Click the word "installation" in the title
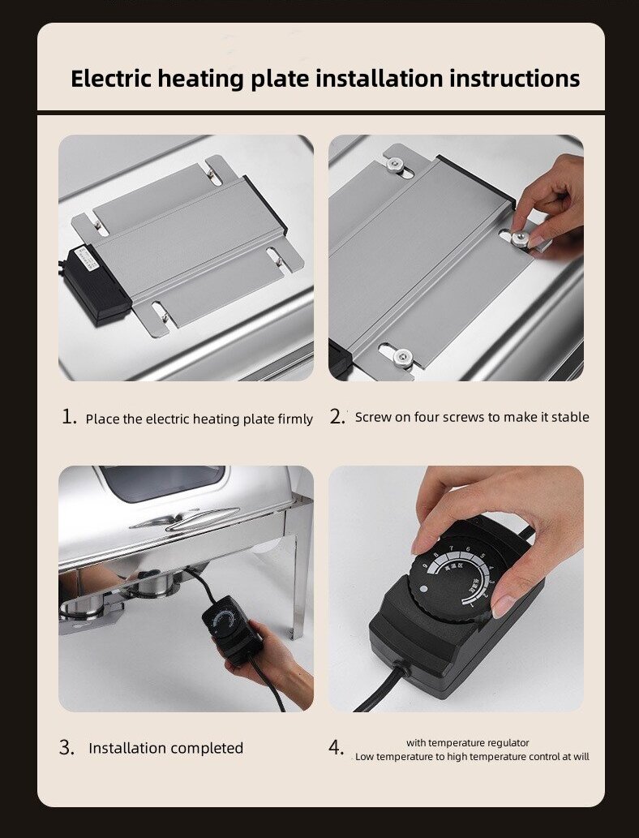click(x=379, y=79)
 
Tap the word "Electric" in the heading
click(x=111, y=79)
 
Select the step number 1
click(x=69, y=418)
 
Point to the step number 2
click(x=337, y=417)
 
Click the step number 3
click(x=66, y=748)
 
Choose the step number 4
click(x=337, y=748)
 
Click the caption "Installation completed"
click(x=165, y=748)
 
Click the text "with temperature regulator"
click(x=468, y=742)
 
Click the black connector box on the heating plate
click(x=96, y=281)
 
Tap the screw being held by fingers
click(x=515, y=236)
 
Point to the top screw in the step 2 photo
click(x=394, y=165)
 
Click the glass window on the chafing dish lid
click(x=161, y=482)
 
